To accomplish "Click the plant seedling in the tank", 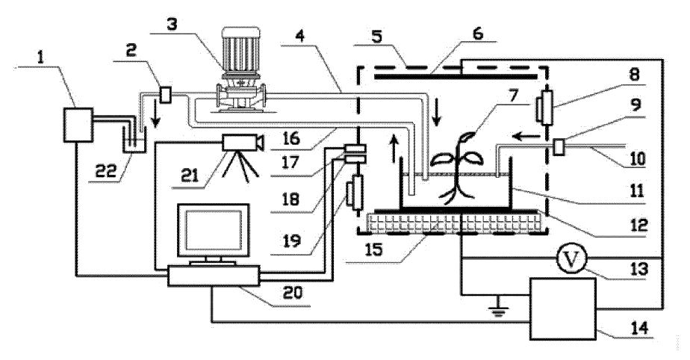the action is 457,168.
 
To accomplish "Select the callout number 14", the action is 639,328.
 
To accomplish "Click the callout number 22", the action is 106,170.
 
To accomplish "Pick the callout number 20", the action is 293,293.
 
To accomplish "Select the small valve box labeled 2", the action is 165,95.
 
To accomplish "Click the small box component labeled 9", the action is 559,146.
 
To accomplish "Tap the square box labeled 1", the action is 78,125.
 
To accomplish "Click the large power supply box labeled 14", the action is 563,309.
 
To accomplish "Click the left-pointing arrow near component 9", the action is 526,137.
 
